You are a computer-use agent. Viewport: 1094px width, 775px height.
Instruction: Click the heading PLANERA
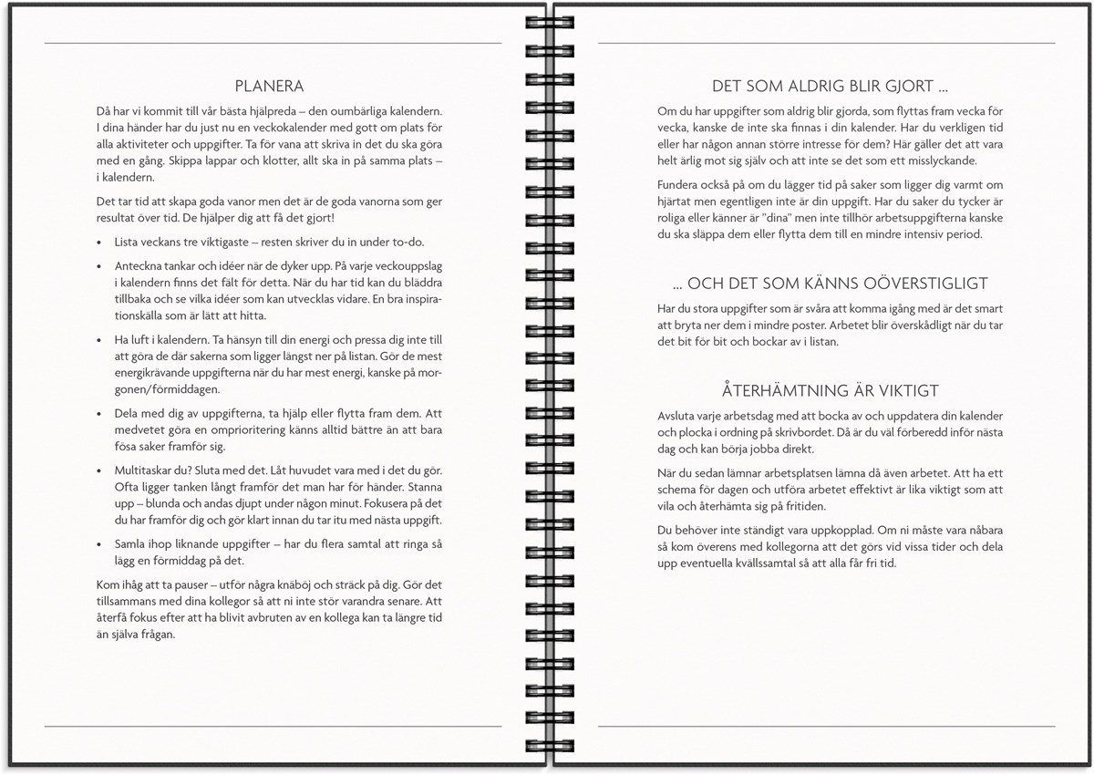(x=269, y=87)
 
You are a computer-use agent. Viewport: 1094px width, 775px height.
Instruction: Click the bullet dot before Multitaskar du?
(x=98, y=471)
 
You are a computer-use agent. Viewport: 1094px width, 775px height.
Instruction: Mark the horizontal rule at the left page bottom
(x=273, y=727)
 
